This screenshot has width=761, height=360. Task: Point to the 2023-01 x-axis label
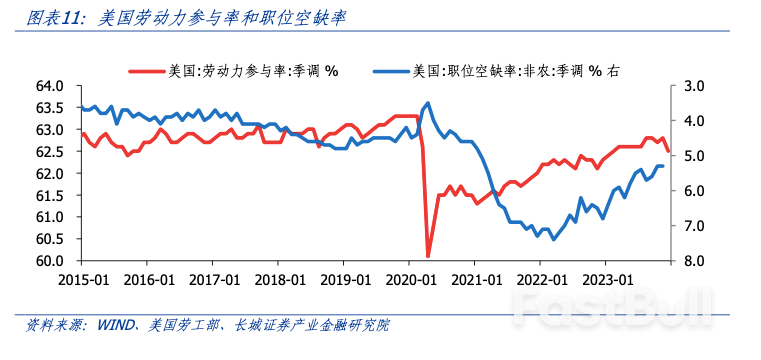click(608, 280)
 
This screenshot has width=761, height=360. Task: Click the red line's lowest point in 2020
click(428, 256)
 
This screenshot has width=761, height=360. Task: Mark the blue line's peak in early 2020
click(428, 102)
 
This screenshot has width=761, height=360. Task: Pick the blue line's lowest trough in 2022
click(553, 239)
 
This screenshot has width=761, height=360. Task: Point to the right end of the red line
click(668, 150)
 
